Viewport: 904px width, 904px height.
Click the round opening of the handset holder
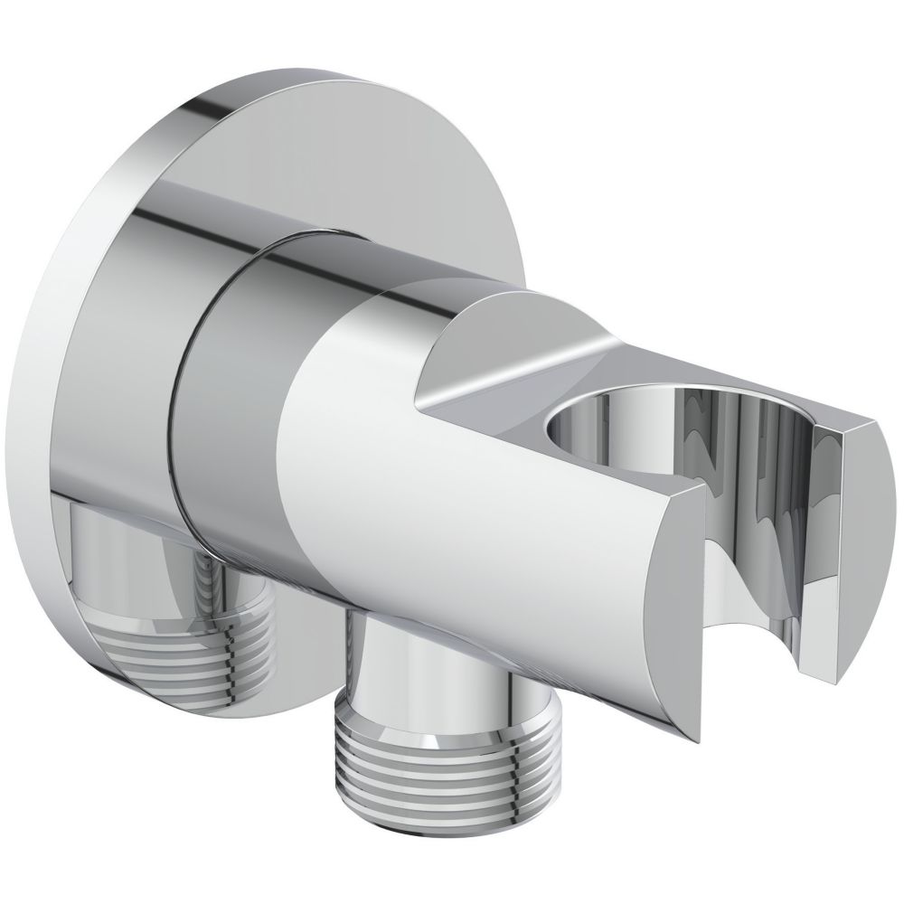pos(615,425)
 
